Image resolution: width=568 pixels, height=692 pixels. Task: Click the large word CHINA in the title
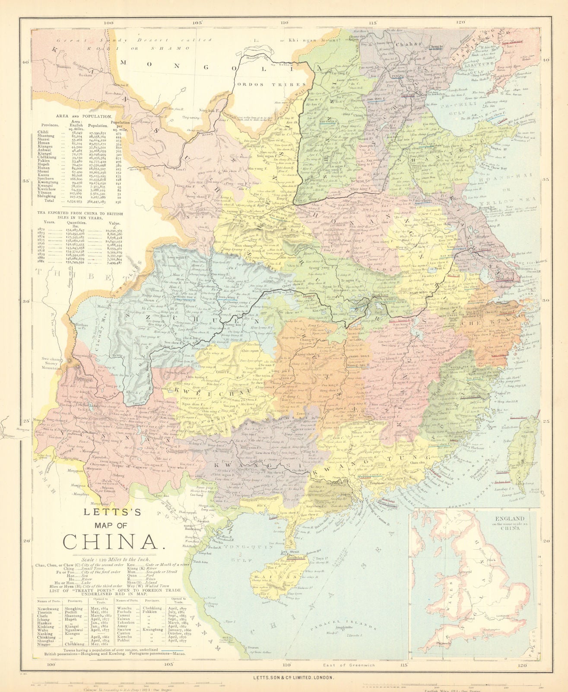pyautogui.click(x=114, y=541)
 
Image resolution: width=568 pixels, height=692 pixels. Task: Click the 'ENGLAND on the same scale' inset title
pyautogui.click(x=510, y=522)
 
